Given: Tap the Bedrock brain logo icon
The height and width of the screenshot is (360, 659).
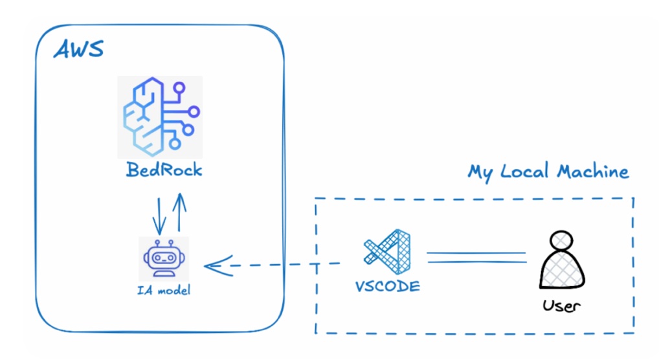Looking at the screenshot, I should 159,116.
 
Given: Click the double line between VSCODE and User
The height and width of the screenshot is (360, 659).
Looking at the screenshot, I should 476,258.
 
